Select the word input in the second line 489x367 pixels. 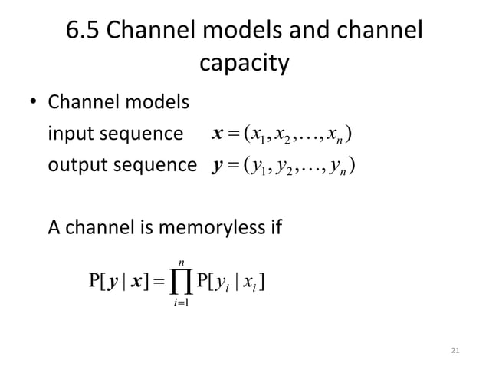(x=71, y=135)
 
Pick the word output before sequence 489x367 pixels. (x=77, y=167)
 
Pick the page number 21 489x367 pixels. (x=455, y=352)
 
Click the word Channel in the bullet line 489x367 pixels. (x=81, y=103)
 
